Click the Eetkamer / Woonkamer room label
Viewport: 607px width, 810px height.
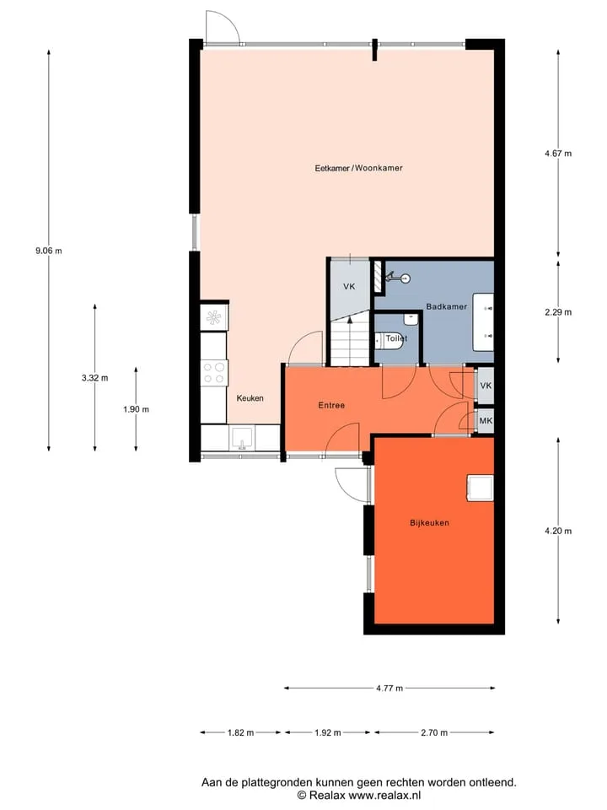(x=359, y=168)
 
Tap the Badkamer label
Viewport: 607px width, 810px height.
(x=447, y=306)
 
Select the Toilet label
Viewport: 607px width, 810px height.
(x=396, y=338)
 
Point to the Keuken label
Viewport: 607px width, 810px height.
(x=250, y=397)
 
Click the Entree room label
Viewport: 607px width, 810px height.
(x=331, y=406)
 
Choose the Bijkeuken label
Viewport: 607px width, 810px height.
(x=429, y=523)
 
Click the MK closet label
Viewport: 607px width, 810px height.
(x=486, y=421)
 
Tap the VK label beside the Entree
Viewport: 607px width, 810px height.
(x=486, y=386)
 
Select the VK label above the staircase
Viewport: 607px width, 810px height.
(x=349, y=287)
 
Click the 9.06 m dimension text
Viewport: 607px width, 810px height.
(x=49, y=251)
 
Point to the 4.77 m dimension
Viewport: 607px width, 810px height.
(x=389, y=688)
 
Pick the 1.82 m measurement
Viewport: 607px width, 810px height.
(x=240, y=732)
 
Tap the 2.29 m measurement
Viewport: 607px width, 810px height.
(x=558, y=312)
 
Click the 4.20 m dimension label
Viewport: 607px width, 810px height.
(x=558, y=531)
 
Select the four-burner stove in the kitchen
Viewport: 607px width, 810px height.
(x=214, y=372)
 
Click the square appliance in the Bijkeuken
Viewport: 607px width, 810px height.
(x=480, y=489)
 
